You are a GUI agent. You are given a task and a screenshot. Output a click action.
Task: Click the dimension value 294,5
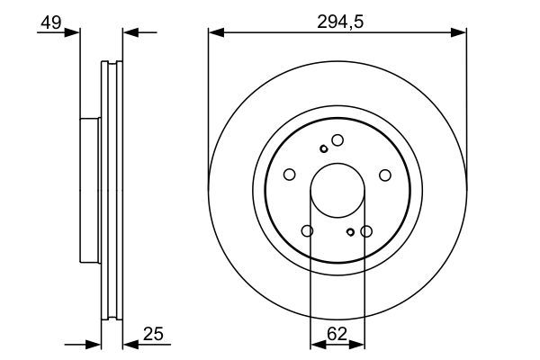point(337,20)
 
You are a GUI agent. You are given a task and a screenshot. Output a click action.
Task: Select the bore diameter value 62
point(337,332)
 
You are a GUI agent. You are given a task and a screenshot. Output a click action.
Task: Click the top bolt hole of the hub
point(337,140)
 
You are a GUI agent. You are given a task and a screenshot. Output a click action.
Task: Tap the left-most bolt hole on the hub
point(290,175)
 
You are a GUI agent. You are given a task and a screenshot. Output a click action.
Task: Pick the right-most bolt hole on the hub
point(384,175)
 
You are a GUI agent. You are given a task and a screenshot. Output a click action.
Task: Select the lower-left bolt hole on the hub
point(308,231)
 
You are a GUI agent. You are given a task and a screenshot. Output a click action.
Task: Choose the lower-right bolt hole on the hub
point(366,231)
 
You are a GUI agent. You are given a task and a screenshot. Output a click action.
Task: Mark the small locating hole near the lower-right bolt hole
point(351,233)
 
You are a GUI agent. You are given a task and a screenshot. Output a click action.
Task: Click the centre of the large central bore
point(337,190)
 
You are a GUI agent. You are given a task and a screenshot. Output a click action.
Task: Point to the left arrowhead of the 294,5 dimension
point(215,33)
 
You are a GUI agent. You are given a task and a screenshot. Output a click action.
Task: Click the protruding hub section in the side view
point(89,190)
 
